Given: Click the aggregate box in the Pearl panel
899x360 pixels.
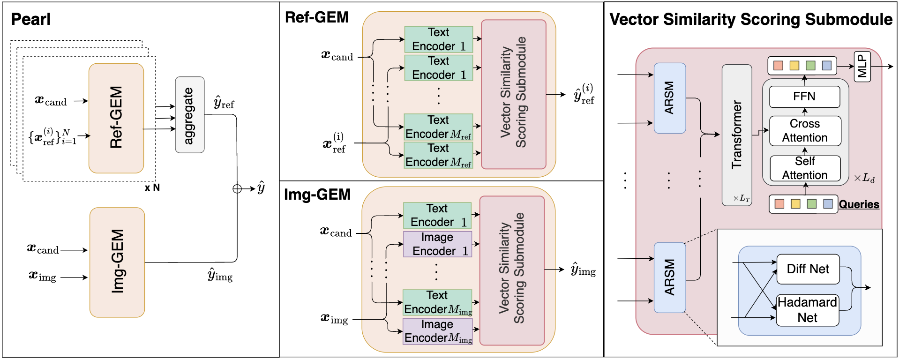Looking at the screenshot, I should point(189,115).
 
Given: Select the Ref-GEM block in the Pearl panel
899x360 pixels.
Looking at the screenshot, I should point(116,118).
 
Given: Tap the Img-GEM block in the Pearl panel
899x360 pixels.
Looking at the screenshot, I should point(117,262).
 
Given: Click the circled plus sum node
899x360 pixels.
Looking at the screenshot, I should point(237,189).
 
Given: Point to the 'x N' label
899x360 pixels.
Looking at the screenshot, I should point(152,188).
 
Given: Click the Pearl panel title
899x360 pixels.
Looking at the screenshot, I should point(30,19).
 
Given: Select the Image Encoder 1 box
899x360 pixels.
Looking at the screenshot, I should point(438,244).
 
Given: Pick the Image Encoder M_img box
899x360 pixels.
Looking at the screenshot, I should point(438,331).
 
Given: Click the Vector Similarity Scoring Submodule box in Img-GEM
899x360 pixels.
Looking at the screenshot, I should point(512,270).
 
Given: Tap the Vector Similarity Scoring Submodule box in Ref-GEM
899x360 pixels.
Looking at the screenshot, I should point(514,94).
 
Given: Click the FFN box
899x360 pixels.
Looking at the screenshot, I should point(804,97).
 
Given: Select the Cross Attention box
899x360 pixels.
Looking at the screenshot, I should point(805,131).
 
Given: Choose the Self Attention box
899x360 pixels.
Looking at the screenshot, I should point(805,168).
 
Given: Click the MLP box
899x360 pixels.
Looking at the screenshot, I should point(862,67).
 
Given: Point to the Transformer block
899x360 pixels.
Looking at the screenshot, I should point(737,135).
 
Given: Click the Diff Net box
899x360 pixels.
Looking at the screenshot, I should point(808,269).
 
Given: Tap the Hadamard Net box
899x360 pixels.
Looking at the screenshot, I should point(807,310).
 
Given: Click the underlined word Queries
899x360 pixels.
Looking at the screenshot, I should point(859,204).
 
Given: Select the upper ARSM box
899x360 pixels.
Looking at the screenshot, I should point(669,98).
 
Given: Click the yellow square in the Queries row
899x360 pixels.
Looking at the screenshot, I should point(795,204).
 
